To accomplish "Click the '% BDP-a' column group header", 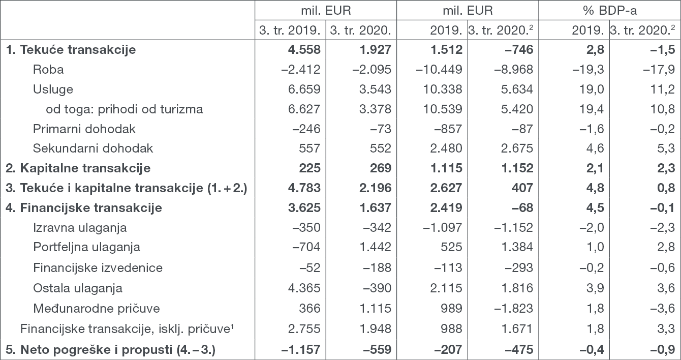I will (609, 10).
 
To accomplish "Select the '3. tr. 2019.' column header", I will (290, 30).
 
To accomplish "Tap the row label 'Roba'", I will (48, 70).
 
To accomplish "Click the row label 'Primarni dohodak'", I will (84, 129).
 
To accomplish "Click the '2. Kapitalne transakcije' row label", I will (78, 168).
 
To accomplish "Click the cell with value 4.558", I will (303, 50).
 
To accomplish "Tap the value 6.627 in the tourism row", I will (303, 109).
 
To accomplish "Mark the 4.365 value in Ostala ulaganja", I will (303, 288).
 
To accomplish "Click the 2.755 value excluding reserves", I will (303, 328).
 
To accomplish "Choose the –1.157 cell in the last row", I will (300, 350).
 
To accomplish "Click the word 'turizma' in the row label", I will (184, 109).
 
